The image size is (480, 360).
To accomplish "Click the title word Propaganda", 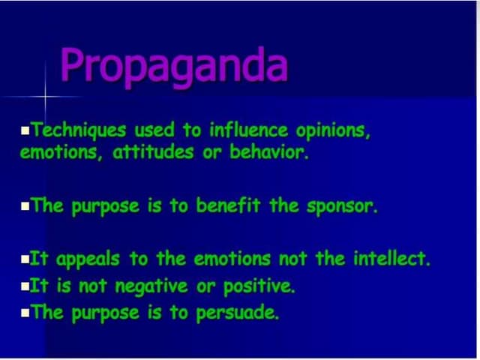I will pos(174,67).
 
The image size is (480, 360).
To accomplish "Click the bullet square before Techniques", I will pos(27,132).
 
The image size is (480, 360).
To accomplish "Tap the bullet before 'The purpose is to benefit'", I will pos(27,207).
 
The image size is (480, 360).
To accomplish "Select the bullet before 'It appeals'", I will pos(27,261).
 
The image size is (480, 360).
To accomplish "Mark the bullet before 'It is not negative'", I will pos(27,286).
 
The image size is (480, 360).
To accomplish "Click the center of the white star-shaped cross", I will pos(46,97).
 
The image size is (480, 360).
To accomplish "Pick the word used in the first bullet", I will pos(150,131).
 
